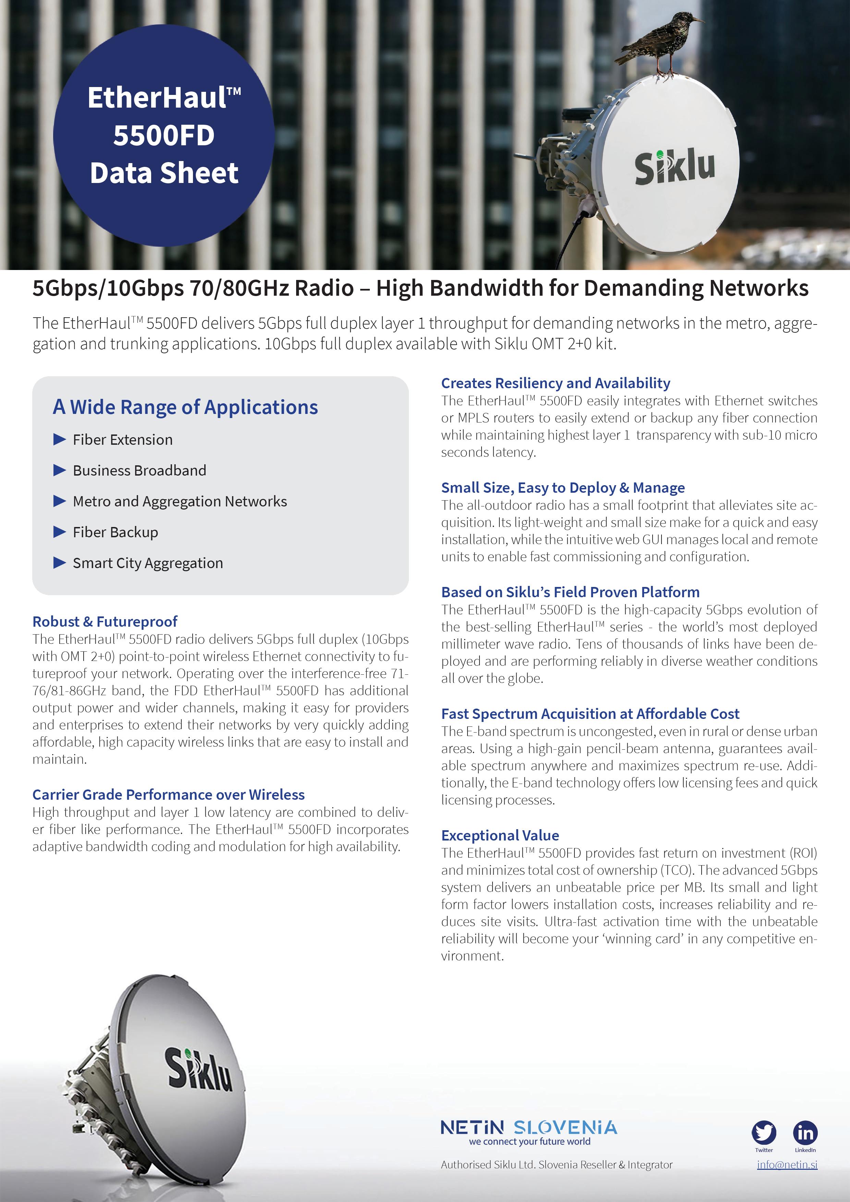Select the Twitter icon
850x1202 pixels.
pos(764,1133)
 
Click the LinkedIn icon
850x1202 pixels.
pos(805,1133)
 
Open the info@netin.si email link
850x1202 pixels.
pos(787,1165)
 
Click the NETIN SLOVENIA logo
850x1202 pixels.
pos(529,1127)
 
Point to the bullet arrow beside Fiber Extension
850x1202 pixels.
pos(60,439)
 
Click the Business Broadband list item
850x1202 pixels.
pos(139,470)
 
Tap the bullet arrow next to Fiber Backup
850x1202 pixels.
pos(60,532)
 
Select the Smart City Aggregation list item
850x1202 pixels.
pos(148,563)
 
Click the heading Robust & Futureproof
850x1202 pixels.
pos(105,622)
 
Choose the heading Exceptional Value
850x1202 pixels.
pos(500,835)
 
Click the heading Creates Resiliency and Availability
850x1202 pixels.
pos(555,383)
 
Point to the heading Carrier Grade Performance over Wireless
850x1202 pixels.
pos(168,794)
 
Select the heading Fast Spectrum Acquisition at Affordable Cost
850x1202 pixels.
pos(590,713)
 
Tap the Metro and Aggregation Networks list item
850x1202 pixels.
pos(180,501)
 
